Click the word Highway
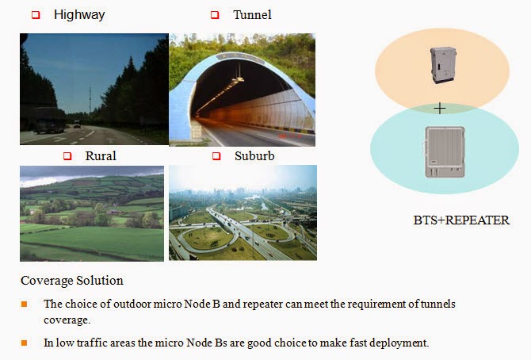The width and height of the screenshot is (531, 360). tap(79, 15)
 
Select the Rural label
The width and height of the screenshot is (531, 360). tap(101, 155)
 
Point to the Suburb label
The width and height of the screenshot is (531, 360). tap(254, 155)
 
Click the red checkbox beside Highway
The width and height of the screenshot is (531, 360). tap(35, 15)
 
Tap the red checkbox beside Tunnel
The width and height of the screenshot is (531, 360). tap(214, 15)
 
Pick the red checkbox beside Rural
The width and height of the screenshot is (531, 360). tap(67, 156)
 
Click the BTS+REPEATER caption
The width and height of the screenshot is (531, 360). tap(461, 220)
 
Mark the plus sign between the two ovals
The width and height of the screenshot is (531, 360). tap(440, 108)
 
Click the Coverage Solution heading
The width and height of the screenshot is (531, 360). tap(72, 281)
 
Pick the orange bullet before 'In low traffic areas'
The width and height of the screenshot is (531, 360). tap(24, 343)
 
